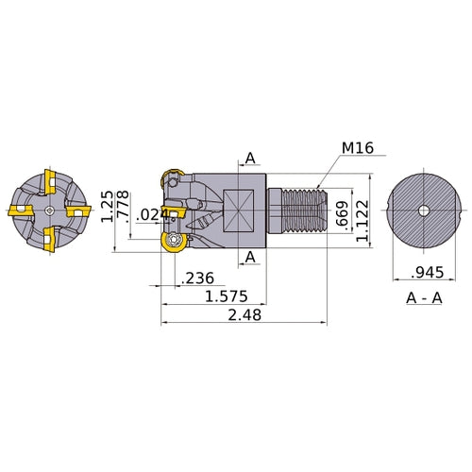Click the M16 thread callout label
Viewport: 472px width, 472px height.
coord(358,147)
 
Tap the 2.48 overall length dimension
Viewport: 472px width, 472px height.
coord(244,314)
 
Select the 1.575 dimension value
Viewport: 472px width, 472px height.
coord(227,296)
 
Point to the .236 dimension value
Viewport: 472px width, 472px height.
coord(198,278)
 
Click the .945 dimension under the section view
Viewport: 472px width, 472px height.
coord(428,273)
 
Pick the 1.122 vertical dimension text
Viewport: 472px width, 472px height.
coord(362,221)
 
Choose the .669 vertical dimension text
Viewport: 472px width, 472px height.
coord(342,214)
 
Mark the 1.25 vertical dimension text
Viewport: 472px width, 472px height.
coord(107,207)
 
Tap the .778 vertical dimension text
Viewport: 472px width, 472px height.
coord(123,205)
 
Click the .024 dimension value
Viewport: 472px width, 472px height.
coord(153,215)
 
